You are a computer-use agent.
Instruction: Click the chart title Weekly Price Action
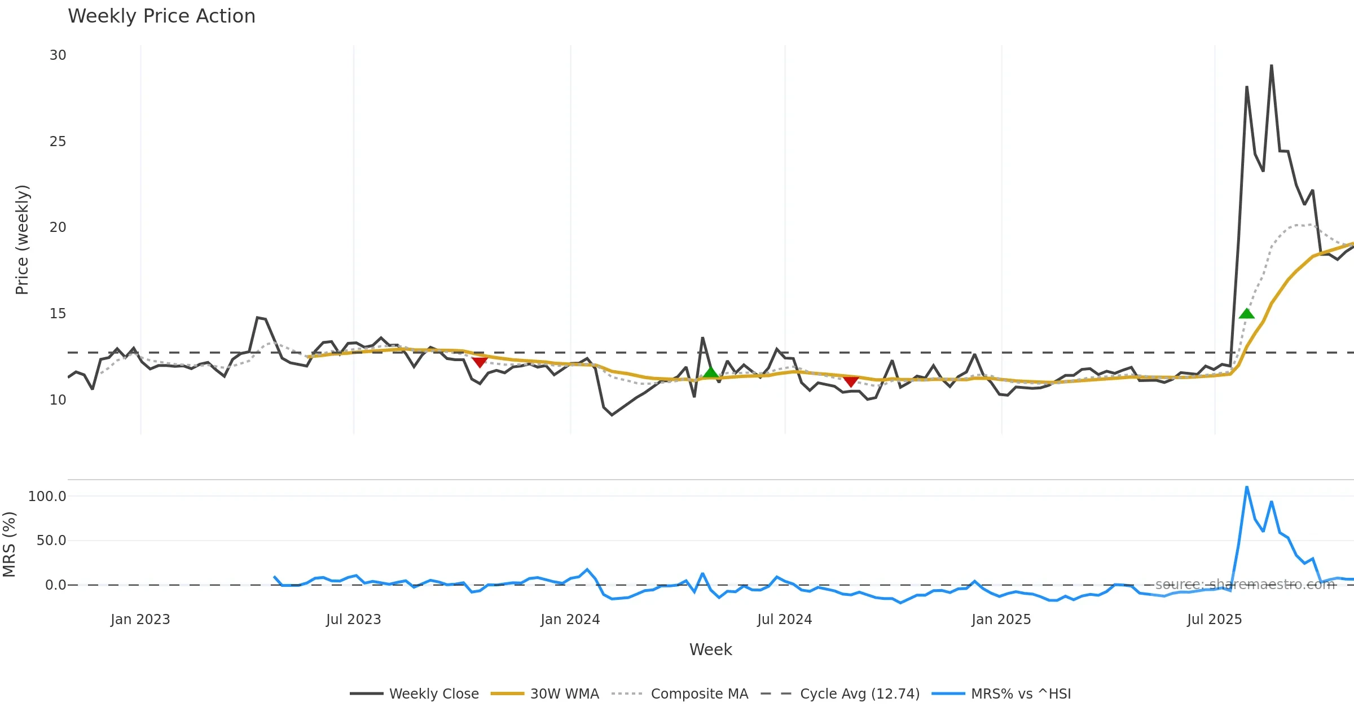pyautogui.click(x=161, y=16)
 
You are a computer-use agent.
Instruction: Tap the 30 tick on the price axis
pyautogui.click(x=58, y=55)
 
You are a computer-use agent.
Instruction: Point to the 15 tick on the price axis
pyautogui.click(x=58, y=314)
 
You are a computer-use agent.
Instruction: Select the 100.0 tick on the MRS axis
pyautogui.click(x=47, y=497)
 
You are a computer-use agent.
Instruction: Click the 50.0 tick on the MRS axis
pyautogui.click(x=51, y=541)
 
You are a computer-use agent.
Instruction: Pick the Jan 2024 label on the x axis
pyautogui.click(x=570, y=620)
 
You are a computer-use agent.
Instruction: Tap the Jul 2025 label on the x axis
pyautogui.click(x=1214, y=620)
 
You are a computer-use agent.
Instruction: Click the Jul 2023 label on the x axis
pyautogui.click(x=353, y=620)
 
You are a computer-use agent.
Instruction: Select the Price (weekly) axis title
pyautogui.click(x=22, y=240)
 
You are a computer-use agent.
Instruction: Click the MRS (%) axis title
pyautogui.click(x=10, y=545)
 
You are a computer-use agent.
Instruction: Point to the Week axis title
pyautogui.click(x=710, y=650)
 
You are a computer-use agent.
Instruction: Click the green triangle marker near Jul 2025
pyautogui.click(x=1246, y=314)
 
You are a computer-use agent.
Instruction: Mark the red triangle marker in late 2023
pyautogui.click(x=480, y=362)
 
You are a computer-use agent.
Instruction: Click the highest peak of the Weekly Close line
pyautogui.click(x=1271, y=65)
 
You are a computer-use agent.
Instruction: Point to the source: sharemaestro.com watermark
pyautogui.click(x=1245, y=585)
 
